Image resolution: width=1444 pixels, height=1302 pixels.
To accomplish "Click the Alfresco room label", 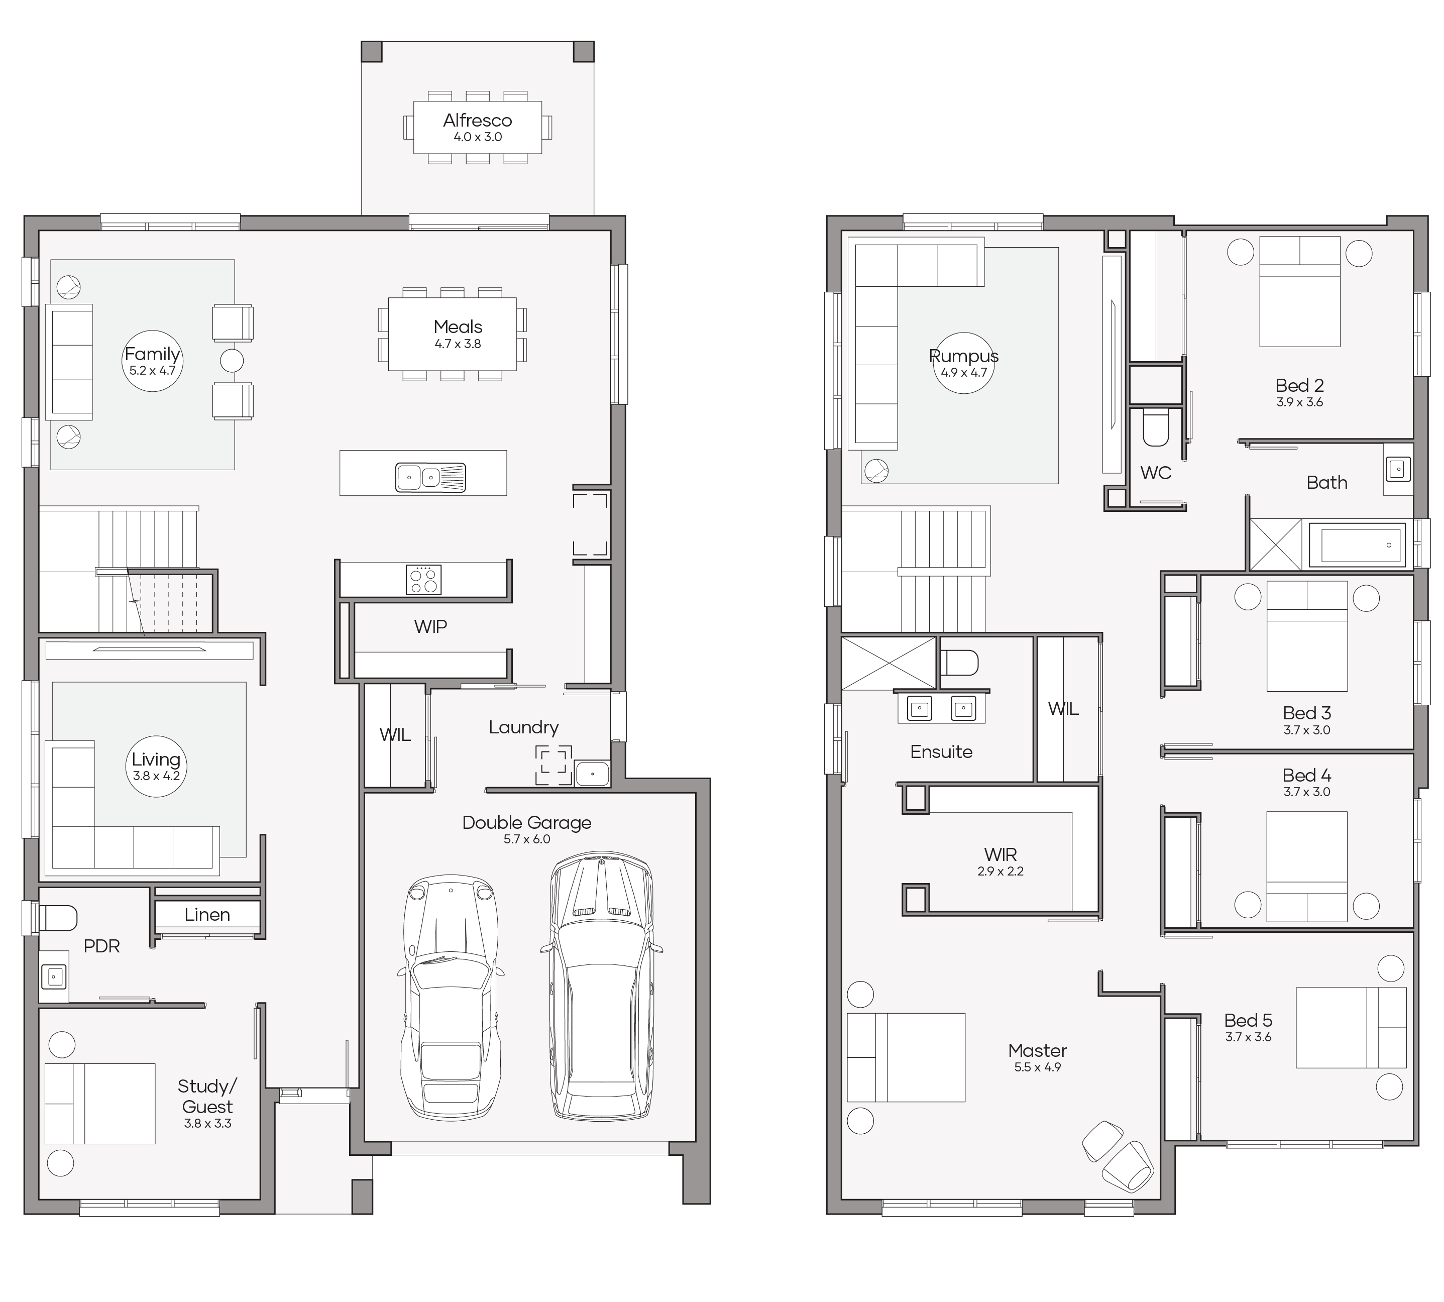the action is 477,120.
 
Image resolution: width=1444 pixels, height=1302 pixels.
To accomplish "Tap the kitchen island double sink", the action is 430,477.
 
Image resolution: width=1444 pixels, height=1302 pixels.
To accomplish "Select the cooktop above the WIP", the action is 423,580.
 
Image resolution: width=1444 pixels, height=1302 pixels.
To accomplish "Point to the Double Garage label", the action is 526,823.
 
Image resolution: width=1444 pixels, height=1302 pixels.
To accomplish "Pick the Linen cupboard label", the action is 207,914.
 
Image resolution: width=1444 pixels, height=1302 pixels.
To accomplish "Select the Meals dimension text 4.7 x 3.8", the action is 458,344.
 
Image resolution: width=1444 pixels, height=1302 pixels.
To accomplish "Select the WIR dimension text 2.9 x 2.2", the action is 1001,872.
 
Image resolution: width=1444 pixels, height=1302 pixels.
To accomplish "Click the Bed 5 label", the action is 1248,1021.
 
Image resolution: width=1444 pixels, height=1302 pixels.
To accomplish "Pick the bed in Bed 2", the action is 1299,292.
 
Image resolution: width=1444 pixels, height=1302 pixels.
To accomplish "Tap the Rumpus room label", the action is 963,356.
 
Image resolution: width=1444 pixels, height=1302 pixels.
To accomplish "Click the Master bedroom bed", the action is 906,1057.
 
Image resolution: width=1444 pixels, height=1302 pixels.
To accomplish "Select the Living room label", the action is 156,759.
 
